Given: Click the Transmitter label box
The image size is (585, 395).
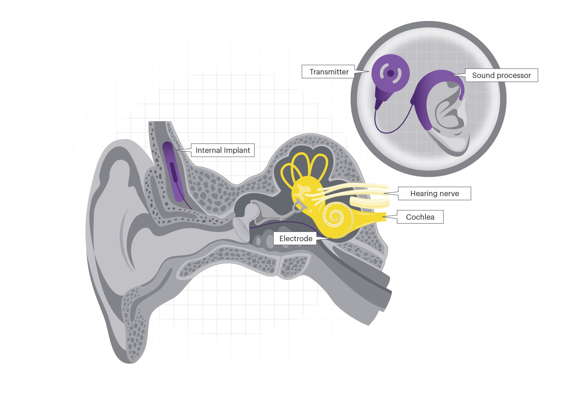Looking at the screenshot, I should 328,72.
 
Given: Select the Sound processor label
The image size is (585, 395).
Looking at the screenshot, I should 501,75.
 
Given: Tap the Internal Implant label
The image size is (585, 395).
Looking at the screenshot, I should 223,150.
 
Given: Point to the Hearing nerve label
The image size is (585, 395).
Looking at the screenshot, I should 434,194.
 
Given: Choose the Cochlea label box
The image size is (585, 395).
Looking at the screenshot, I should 420,217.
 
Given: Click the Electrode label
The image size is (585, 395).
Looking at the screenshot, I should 295,239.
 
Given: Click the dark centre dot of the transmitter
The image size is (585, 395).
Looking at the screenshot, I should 391,73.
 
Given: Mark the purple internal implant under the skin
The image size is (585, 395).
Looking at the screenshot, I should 173,172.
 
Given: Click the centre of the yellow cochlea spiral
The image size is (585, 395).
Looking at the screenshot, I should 335,217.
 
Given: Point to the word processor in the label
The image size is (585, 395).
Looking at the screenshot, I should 515,75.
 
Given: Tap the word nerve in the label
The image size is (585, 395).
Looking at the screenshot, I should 449,194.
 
